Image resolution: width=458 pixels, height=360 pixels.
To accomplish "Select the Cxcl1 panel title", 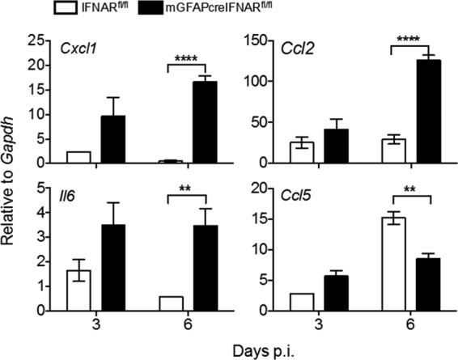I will pyautogui.click(x=78, y=46).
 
